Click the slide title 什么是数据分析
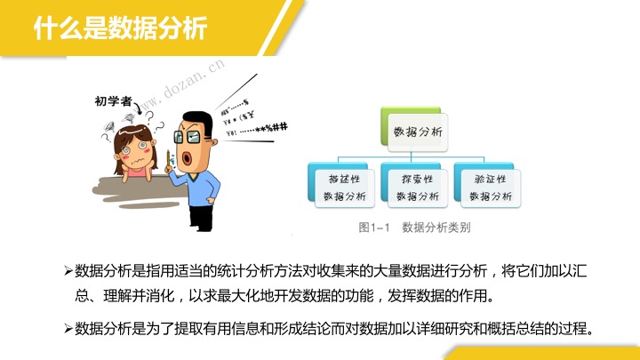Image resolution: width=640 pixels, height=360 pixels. (x=120, y=28)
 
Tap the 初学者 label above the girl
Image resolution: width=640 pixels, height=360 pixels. (x=113, y=100)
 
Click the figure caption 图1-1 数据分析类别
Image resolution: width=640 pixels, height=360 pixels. (x=414, y=228)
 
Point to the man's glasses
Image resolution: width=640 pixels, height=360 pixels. (x=188, y=137)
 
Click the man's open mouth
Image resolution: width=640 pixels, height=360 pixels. (x=186, y=158)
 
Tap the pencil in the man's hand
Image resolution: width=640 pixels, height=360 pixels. (x=168, y=160)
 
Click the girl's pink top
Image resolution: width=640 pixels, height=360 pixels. (x=137, y=172)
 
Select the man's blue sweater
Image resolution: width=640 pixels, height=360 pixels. (x=196, y=188)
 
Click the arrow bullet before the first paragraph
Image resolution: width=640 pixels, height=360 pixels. (x=68, y=271)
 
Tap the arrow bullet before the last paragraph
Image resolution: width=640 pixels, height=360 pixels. (x=68, y=329)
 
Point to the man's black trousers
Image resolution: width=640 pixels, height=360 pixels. (x=201, y=219)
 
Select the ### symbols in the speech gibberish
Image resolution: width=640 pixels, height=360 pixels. (x=280, y=127)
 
